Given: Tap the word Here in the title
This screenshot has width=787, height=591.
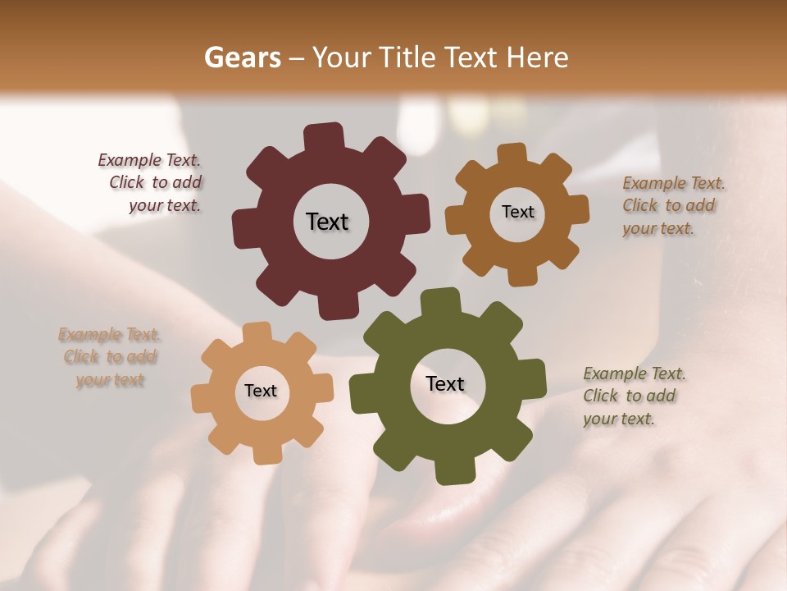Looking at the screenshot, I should pos(539,57).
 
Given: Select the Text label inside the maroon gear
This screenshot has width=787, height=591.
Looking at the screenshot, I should pos(327,222).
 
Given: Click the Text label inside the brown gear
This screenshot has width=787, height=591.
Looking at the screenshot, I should pos(517,212).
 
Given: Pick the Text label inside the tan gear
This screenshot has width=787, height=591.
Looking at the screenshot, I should pos(261,391).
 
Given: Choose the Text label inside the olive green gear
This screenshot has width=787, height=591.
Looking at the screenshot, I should pos(445,383).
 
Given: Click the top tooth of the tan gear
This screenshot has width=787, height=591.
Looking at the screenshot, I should pos(257,332).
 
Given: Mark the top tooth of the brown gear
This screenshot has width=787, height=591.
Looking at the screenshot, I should pos(512,153).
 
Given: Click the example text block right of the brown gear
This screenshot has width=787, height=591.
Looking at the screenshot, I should pos(672,205).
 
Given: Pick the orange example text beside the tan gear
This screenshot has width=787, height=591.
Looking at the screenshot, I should pos(109,357).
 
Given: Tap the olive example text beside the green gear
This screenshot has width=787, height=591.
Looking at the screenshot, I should pos(633,396).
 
